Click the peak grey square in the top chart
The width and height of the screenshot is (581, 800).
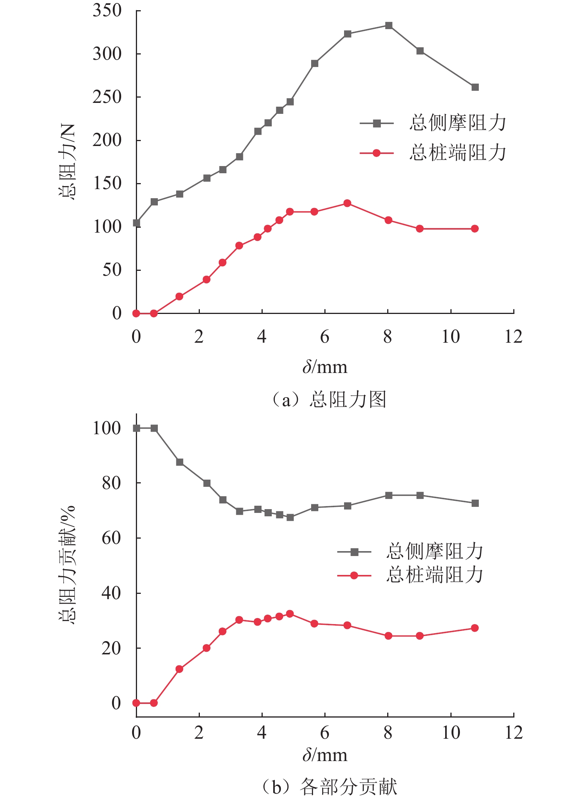[388, 25]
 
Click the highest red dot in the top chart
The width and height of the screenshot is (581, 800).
[347, 203]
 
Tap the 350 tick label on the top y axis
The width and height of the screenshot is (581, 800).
[107, 11]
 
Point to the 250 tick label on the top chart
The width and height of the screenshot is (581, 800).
[107, 97]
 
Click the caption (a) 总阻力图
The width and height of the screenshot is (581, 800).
[329, 399]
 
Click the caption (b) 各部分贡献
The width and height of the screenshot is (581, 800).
[329, 787]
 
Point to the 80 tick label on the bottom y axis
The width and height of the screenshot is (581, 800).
[111, 483]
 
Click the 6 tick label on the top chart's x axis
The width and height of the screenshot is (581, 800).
[325, 337]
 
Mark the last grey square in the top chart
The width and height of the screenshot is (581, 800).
[475, 87]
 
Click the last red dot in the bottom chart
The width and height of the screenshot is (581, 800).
[475, 628]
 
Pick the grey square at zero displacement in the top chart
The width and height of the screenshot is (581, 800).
[137, 223]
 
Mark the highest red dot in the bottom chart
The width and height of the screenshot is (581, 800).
[290, 614]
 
